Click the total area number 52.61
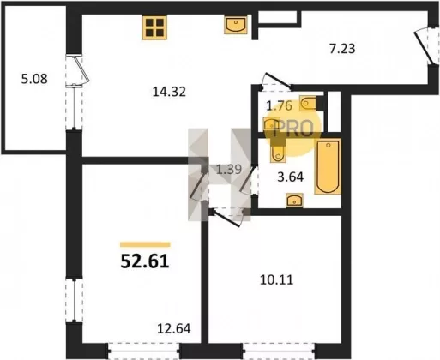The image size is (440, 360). (145, 261)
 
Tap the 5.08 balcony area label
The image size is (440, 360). (34, 79)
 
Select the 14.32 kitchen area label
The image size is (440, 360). (169, 92)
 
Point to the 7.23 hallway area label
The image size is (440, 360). (342, 49)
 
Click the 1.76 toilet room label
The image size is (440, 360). (279, 106)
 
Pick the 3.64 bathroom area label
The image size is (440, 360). (291, 177)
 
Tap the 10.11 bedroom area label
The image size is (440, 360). (277, 280)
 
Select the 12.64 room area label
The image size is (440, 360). (174, 328)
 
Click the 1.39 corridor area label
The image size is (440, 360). (229, 170)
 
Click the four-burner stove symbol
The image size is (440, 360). (154, 27)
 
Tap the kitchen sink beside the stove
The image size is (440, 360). (236, 25)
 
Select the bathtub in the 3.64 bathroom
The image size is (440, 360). (328, 166)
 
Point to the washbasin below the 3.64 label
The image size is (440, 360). (294, 201)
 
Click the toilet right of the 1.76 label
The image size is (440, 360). (308, 104)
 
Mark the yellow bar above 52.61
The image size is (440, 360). (145, 244)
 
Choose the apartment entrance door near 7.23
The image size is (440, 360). (425, 47)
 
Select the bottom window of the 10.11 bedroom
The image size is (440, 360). (279, 350)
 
